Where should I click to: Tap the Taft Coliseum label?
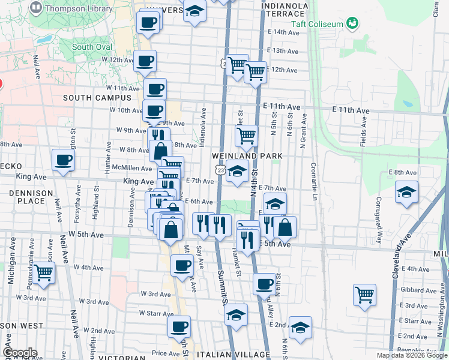click(x=317, y=24)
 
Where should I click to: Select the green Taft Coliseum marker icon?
click(x=352, y=23)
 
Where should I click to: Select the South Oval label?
click(x=91, y=47)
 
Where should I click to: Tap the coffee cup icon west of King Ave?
click(x=64, y=160)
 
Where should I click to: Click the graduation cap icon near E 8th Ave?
click(x=406, y=192)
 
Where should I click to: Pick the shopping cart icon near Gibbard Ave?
click(x=364, y=295)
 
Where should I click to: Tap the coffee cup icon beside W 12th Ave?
click(x=145, y=61)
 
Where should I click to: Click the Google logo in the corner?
click(x=19, y=352)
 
